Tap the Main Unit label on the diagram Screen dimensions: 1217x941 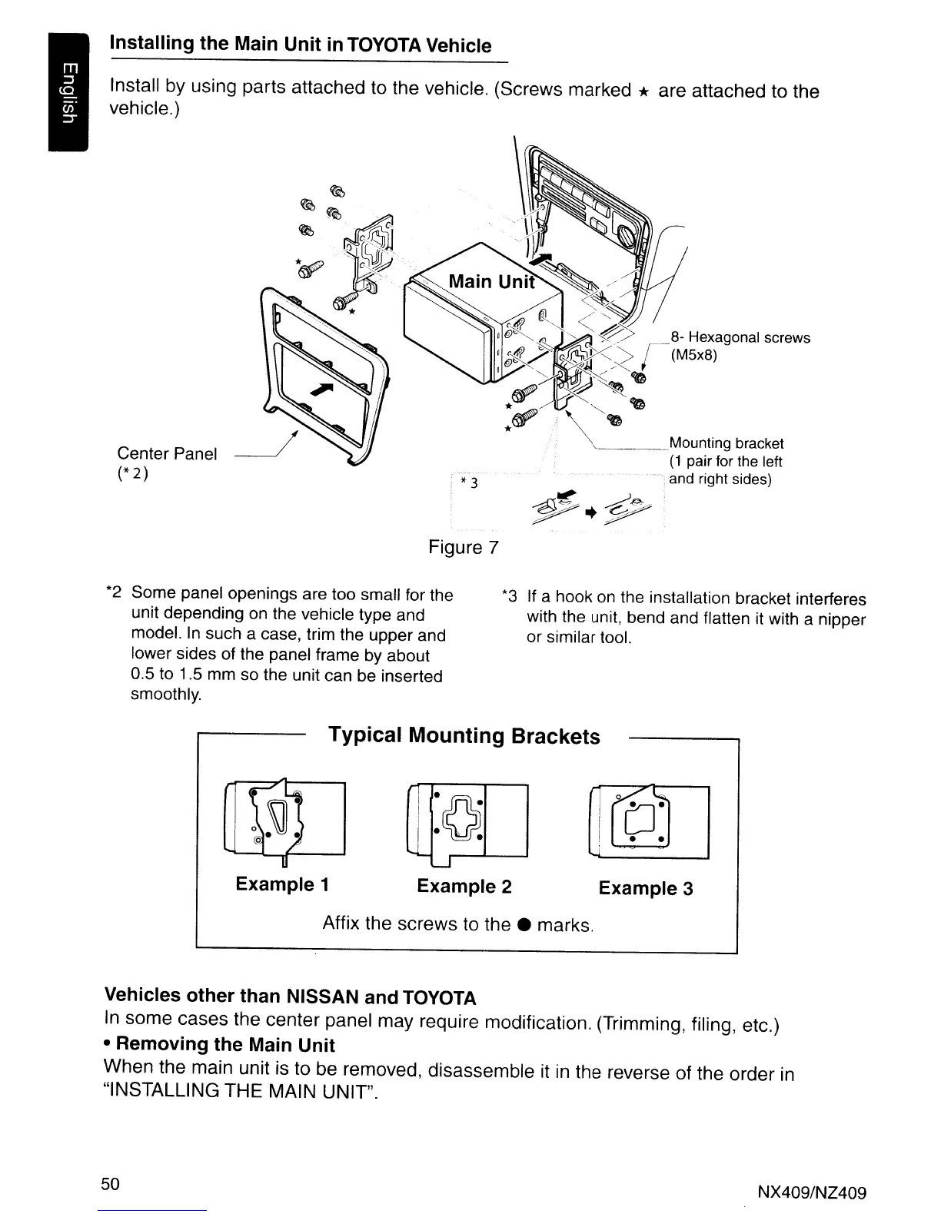click(x=491, y=281)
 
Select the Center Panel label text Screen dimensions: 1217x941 click(x=167, y=453)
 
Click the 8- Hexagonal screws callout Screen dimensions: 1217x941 click(x=740, y=338)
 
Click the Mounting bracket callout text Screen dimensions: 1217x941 click(x=727, y=443)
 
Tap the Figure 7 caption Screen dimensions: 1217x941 click(x=464, y=547)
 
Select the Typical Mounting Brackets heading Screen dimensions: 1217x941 click(x=464, y=735)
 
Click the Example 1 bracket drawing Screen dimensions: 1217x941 click(x=284, y=819)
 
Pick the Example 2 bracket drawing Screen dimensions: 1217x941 click(x=466, y=821)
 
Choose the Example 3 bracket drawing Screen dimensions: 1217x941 click(x=647, y=821)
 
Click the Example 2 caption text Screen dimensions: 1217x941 click(x=464, y=887)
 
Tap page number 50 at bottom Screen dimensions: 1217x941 click(x=111, y=1183)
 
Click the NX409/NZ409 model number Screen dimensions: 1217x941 click(x=812, y=1193)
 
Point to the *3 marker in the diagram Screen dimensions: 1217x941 click(x=469, y=482)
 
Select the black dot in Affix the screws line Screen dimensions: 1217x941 click(x=523, y=924)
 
